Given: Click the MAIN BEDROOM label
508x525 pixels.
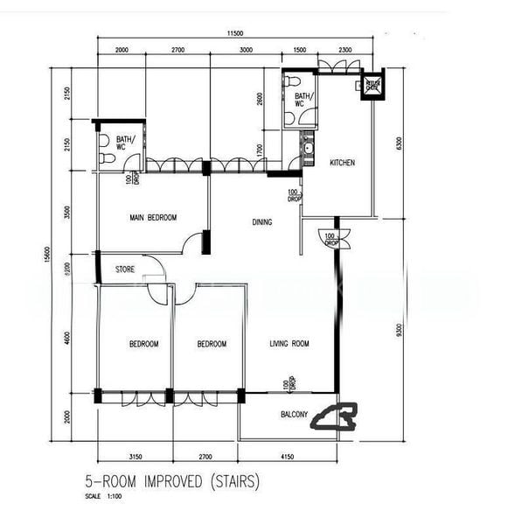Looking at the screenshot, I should tap(153, 218).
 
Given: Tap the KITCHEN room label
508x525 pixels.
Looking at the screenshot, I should tap(342, 164).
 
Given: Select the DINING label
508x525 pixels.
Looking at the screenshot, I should tap(262, 222).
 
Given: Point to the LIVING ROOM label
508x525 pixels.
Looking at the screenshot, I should tap(289, 344).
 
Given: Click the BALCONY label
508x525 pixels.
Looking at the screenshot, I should tap(293, 416).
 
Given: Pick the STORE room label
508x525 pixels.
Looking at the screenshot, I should tap(126, 270).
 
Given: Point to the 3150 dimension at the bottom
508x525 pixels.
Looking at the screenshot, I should tap(135, 457).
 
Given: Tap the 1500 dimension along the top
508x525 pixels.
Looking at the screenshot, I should tap(300, 51).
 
